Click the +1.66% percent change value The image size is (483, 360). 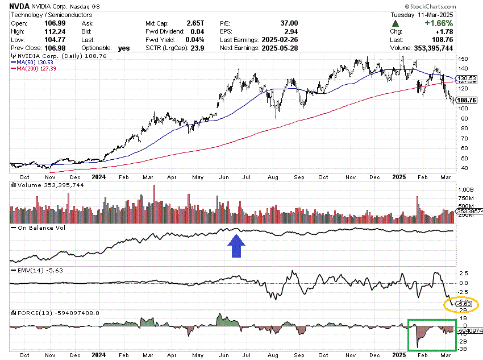point(438,23)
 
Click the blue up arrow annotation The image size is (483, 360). point(237,247)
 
